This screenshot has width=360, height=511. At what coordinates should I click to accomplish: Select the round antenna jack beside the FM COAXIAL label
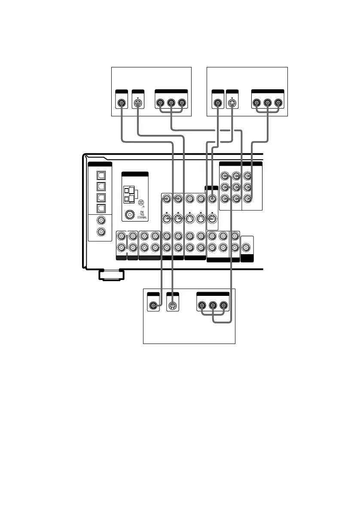(x=128, y=214)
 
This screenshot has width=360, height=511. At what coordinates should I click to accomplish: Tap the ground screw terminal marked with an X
(x=141, y=202)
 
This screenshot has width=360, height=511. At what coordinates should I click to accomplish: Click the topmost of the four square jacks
(x=101, y=176)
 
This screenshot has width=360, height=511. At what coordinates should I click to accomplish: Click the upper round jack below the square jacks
(x=101, y=221)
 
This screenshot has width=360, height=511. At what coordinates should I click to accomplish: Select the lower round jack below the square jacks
(x=101, y=232)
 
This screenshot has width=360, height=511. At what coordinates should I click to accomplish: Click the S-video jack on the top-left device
(x=137, y=103)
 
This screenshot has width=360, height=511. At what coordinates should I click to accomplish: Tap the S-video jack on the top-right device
(x=232, y=103)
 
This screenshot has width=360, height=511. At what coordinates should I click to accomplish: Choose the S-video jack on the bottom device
(x=172, y=306)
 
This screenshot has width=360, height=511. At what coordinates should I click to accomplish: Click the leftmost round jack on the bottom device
(x=153, y=306)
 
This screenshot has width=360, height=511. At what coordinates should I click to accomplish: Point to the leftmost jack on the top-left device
(x=122, y=103)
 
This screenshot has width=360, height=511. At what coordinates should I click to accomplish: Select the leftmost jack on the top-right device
(x=218, y=103)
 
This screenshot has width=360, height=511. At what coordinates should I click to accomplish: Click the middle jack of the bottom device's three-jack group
(x=213, y=306)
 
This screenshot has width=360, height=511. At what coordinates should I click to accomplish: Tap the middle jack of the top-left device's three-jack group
(x=171, y=103)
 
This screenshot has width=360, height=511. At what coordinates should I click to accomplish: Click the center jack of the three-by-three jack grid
(x=235, y=187)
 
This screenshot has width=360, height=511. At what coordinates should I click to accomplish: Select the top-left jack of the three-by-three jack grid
(x=225, y=176)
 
